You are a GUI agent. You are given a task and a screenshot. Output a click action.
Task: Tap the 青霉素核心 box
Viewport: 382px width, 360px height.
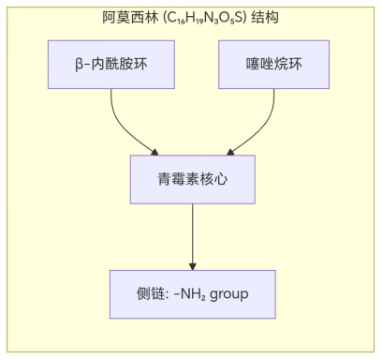point(192,179)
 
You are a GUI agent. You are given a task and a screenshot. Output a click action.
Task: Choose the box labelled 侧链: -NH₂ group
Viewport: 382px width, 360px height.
point(192,294)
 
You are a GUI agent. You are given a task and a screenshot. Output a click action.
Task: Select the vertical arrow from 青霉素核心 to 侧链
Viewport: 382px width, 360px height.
point(192,234)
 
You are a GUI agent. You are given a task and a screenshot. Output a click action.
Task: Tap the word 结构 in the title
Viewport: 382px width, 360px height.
point(266,18)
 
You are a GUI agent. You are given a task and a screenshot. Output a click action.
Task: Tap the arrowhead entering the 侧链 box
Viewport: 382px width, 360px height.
point(192,265)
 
